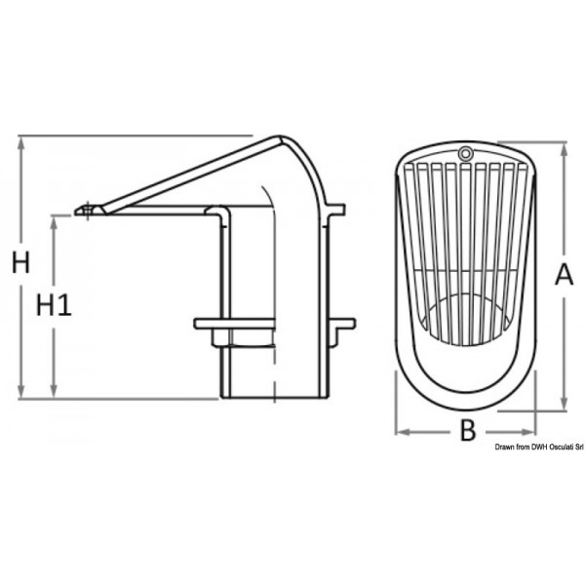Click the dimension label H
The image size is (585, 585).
19,261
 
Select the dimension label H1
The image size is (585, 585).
56,305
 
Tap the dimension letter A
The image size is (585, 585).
564,276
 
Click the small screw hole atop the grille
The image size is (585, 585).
465,153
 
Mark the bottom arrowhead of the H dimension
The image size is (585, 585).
19,393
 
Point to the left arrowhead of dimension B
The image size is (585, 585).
399,430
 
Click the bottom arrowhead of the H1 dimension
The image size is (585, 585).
56,393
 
